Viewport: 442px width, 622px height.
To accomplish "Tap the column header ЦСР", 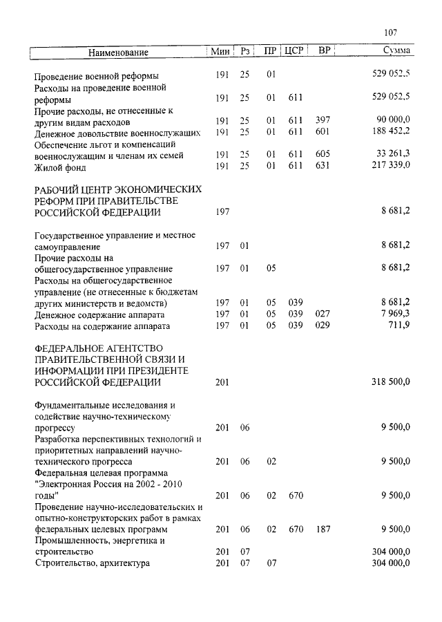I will (x=296, y=52).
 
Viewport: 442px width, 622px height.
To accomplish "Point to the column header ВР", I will (x=323, y=52).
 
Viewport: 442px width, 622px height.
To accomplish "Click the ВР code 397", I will (x=322, y=120).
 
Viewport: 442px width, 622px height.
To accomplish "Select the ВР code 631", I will (x=322, y=166).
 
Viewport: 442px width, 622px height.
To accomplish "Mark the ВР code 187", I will (x=322, y=530).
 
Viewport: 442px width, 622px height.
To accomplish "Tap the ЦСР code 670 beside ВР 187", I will (x=296, y=530).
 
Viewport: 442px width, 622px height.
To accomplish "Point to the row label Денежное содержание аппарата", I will (x=102, y=314).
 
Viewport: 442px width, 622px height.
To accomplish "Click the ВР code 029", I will (x=322, y=326).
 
